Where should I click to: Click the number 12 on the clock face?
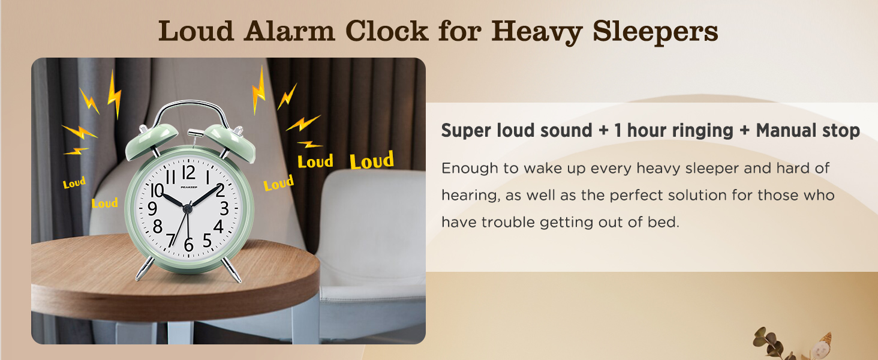point(188,173)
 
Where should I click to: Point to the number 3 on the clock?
point(224,209)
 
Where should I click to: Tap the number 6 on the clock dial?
point(189,245)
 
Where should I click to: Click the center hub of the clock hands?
point(188,208)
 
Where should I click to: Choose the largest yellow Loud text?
point(372,160)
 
